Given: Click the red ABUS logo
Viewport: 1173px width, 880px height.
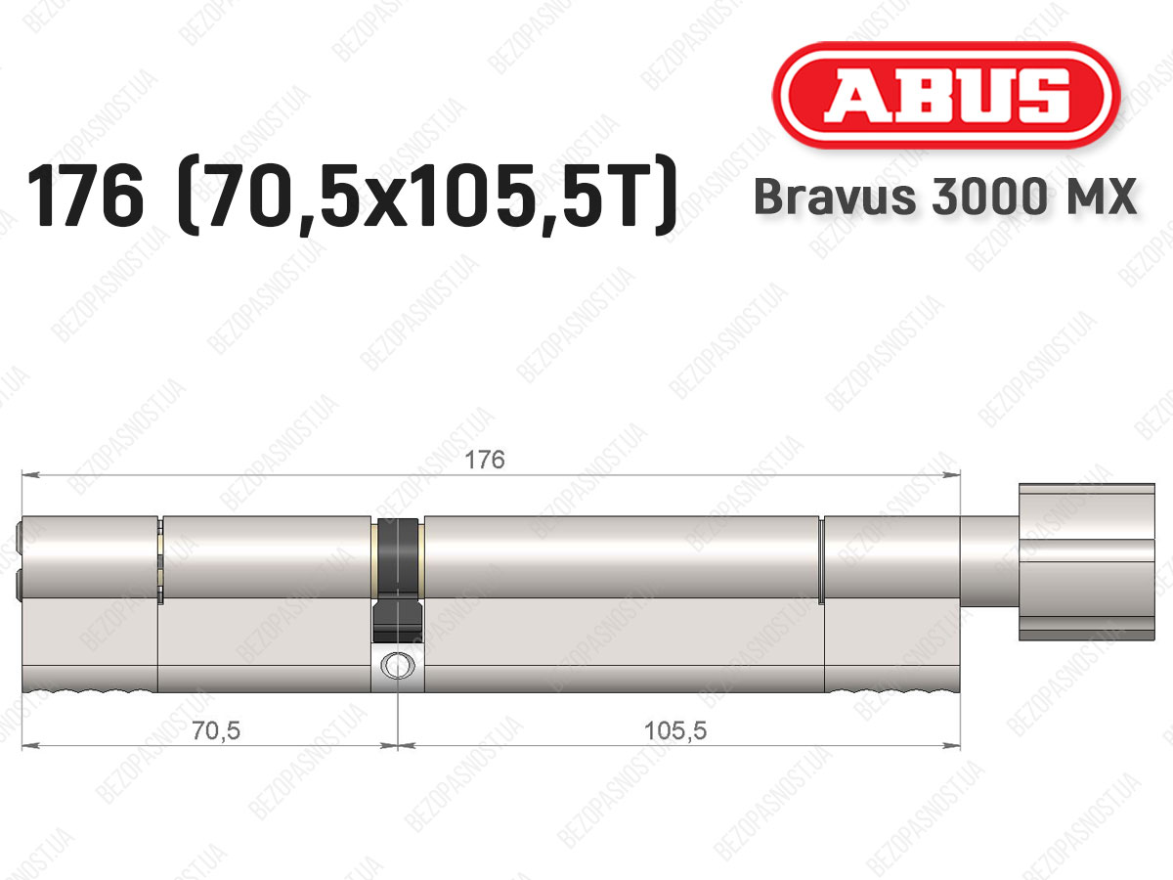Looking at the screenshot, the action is pos(946,96).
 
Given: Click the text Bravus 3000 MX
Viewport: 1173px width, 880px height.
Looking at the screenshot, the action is pos(945,197).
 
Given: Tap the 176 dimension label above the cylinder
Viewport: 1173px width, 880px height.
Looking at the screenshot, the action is pos(485,460).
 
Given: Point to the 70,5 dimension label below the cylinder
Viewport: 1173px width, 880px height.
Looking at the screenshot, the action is pos(216,730).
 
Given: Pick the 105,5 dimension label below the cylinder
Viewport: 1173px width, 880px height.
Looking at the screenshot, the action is pos(675,730).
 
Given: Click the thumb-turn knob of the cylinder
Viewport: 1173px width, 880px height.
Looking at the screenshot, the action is pos(1086,561).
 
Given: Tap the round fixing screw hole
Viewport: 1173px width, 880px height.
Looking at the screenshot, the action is pos(398,665).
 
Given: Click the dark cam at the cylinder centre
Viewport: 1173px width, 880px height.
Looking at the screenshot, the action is pos(398,580).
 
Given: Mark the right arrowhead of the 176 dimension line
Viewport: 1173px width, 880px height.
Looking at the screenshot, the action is pos(952,474).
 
